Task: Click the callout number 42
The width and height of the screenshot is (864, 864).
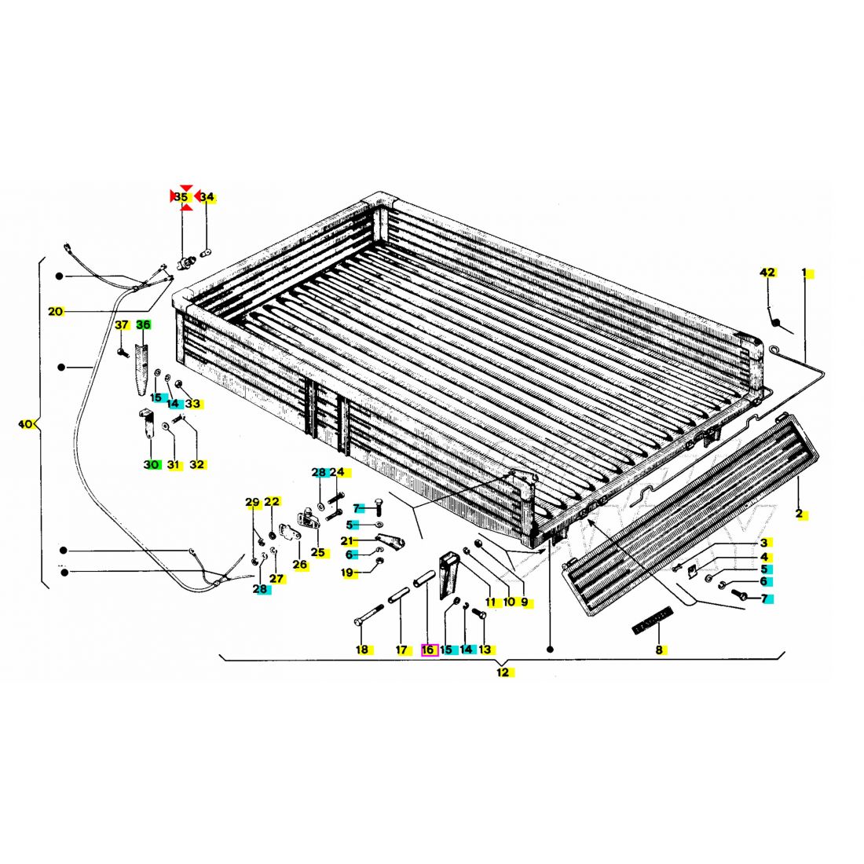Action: [767, 273]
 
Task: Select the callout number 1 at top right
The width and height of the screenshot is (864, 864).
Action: [804, 273]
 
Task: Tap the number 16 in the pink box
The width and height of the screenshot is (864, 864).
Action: [427, 650]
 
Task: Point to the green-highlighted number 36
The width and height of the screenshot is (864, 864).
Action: [143, 325]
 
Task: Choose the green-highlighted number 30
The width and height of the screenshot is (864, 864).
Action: [151, 464]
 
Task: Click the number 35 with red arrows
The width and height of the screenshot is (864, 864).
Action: [181, 196]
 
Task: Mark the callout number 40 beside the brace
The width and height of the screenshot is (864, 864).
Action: [25, 424]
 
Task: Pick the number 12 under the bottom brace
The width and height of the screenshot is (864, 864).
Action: [503, 672]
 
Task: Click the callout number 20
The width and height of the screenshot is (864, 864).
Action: [55, 311]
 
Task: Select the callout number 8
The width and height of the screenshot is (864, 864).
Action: [659, 650]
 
